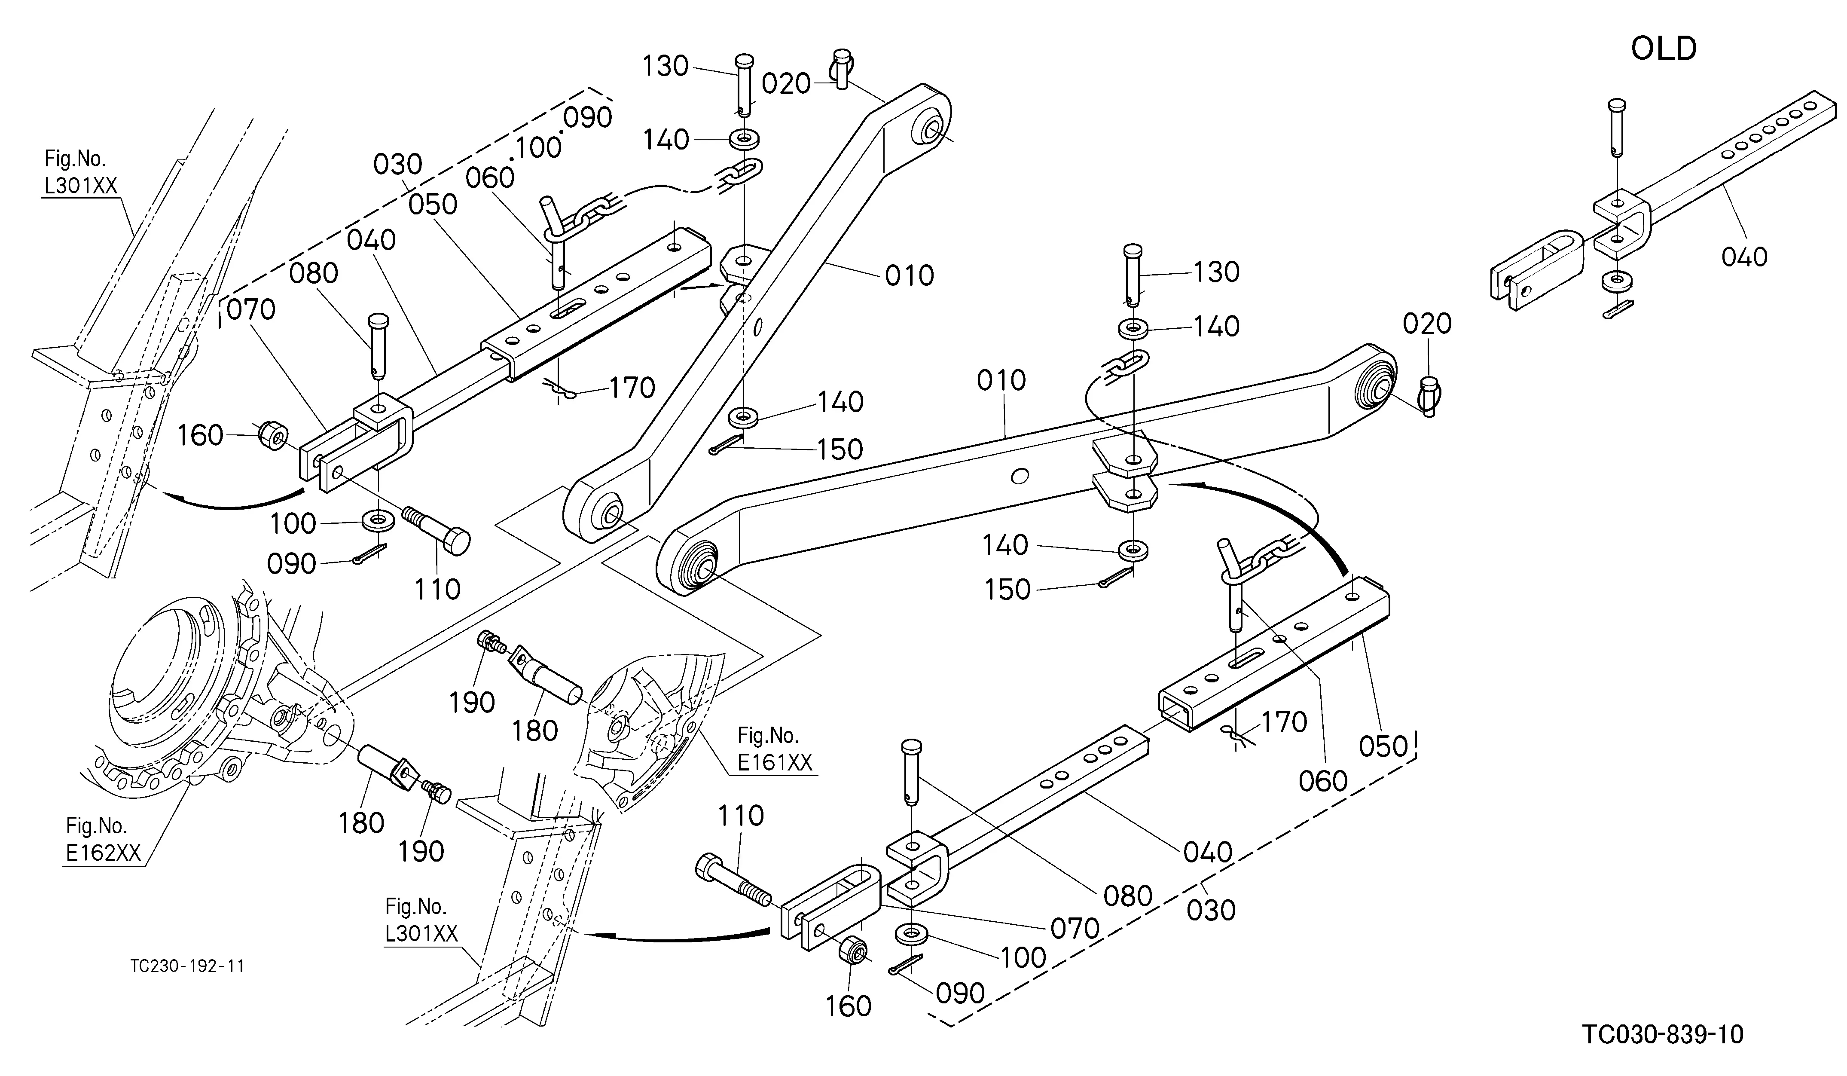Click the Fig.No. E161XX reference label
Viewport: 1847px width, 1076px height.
(x=775, y=749)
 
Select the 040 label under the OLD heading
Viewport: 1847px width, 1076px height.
(x=1744, y=257)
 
